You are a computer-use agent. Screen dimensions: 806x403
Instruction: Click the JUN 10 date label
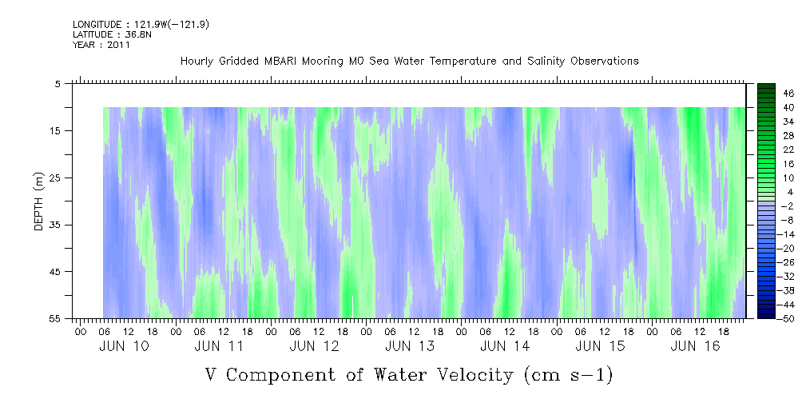124,346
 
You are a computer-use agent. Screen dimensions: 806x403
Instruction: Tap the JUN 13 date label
410,346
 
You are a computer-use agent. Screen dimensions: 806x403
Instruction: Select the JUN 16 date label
696,346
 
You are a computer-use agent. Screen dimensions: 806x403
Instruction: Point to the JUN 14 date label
505,346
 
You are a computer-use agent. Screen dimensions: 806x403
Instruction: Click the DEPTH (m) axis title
39,201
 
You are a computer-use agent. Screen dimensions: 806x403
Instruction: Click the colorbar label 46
789,94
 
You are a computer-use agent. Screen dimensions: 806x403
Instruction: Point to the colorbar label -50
787,318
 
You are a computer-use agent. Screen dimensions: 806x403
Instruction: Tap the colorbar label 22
789,150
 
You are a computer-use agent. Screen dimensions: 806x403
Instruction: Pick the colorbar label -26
787,262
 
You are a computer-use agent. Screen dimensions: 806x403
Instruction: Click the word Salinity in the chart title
546,62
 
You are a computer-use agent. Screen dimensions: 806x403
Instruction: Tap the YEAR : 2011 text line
101,45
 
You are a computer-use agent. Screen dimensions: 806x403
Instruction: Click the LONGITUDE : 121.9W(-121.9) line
141,24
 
